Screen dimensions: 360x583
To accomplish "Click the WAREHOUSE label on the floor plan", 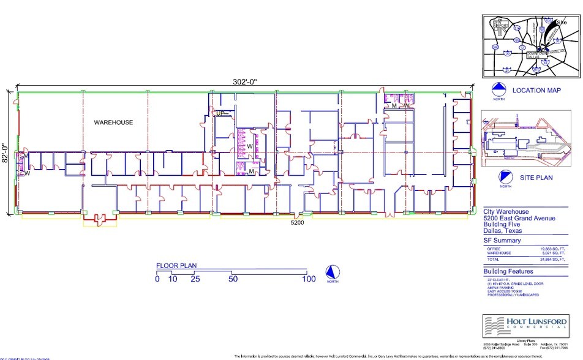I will [113, 122].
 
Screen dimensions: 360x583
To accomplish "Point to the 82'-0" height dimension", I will [6, 153].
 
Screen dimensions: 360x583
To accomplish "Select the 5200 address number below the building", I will [298, 222].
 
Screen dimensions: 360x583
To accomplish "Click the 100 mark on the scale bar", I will [308, 279].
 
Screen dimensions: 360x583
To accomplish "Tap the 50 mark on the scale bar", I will [233, 279].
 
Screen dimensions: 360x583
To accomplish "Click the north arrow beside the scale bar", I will [331, 272].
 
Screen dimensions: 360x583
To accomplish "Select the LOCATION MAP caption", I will [537, 91].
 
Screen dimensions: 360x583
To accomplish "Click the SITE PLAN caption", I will [536, 178].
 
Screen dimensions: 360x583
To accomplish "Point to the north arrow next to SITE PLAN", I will [505, 179].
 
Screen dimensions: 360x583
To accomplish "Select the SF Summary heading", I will [502, 240].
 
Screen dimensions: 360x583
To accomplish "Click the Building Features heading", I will [508, 271].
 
